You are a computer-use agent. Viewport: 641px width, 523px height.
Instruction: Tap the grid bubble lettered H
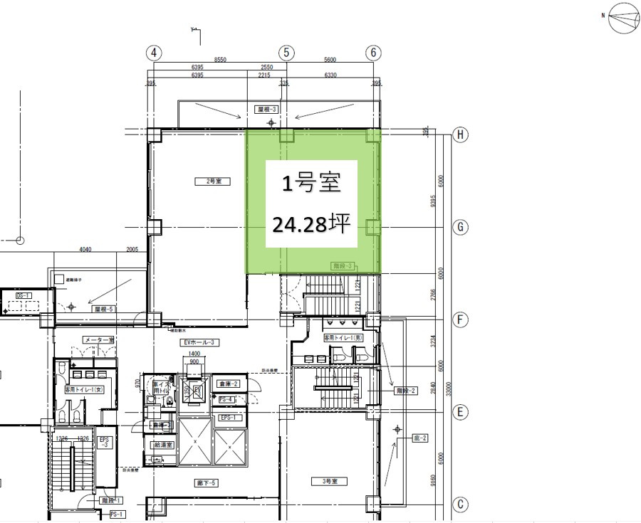coord(462,134)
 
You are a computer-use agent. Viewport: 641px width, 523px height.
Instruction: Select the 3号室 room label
coord(329,482)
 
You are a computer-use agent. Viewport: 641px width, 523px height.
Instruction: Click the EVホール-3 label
coord(199,342)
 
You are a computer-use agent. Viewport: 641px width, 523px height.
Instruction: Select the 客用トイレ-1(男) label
coord(344,337)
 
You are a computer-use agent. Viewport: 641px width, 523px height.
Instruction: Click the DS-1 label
coord(24,295)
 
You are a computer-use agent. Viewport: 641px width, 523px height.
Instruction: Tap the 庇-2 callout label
coord(420,438)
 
